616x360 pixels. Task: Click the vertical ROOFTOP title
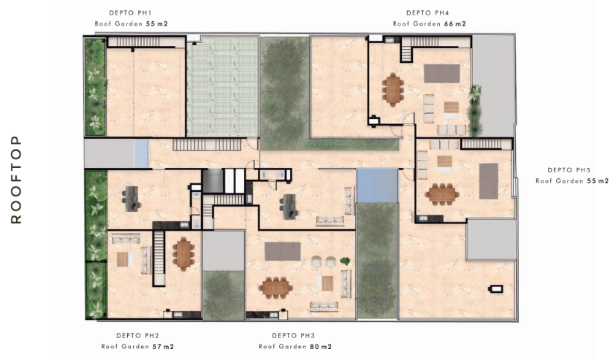click(x=16, y=180)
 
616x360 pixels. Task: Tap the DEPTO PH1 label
click(x=130, y=13)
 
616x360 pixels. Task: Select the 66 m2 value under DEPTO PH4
click(x=455, y=23)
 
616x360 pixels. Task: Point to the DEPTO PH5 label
click(x=569, y=170)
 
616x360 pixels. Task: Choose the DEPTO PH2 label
click(x=137, y=336)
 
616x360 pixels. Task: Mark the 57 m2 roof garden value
click(x=163, y=347)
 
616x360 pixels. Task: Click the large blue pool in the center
click(x=377, y=185)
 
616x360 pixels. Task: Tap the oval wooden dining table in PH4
click(x=393, y=90)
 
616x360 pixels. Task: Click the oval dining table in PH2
click(x=183, y=253)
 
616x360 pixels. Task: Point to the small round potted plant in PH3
click(x=345, y=261)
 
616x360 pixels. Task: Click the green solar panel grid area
click(x=223, y=86)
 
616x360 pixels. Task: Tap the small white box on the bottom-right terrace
click(x=496, y=289)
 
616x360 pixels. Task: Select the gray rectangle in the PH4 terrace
click(x=441, y=74)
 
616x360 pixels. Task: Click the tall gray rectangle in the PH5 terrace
click(x=489, y=181)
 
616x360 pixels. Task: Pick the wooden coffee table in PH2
click(x=123, y=259)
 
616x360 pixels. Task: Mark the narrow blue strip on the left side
click(x=141, y=153)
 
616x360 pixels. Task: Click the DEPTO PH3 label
click(x=294, y=336)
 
